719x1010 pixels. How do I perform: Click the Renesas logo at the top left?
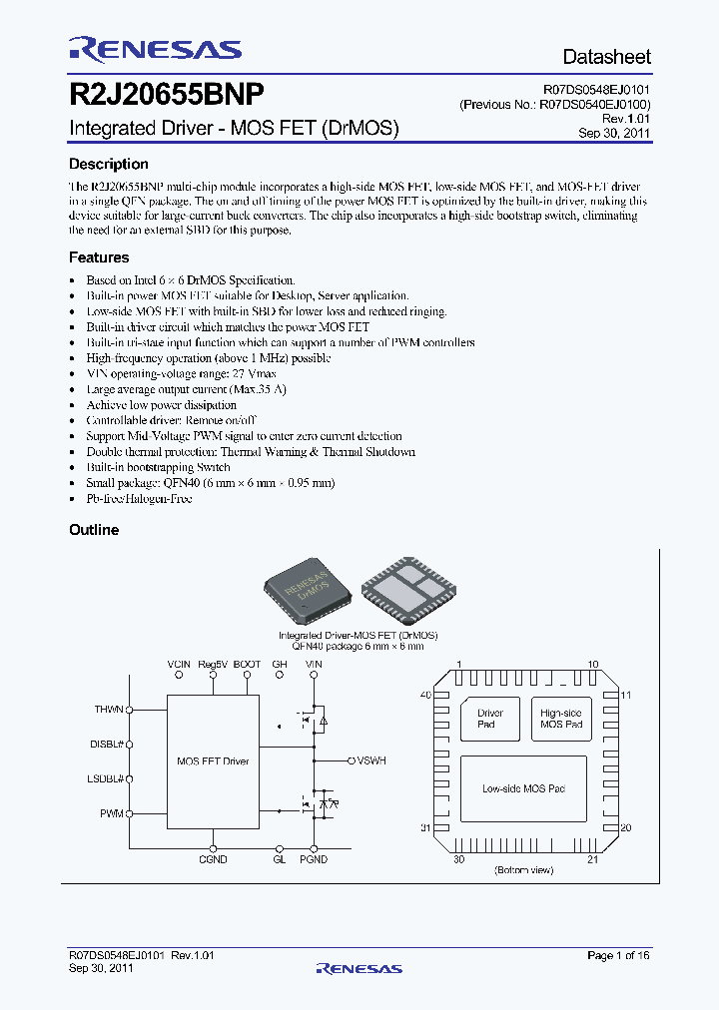(155, 49)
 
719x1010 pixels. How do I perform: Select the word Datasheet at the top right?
(606, 57)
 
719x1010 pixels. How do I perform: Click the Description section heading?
(109, 165)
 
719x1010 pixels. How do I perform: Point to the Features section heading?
(99, 257)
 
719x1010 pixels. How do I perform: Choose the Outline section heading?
(94, 530)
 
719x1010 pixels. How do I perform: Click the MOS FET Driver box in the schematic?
(213, 761)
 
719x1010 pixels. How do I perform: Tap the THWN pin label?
(109, 710)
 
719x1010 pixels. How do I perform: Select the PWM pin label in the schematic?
(112, 814)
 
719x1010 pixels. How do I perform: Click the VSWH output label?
(370, 760)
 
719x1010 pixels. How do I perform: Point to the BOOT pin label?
(247, 664)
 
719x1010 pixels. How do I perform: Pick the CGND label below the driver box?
(213, 859)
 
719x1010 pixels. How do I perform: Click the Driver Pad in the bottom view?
(490, 719)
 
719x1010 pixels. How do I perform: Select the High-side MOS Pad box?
(561, 719)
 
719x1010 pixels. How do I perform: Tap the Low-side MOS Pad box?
(524, 789)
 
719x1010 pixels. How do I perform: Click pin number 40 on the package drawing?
(424, 695)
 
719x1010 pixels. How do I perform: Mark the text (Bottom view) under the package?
(523, 871)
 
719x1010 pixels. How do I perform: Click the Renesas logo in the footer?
(359, 968)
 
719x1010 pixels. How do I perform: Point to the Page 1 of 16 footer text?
(618, 956)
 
